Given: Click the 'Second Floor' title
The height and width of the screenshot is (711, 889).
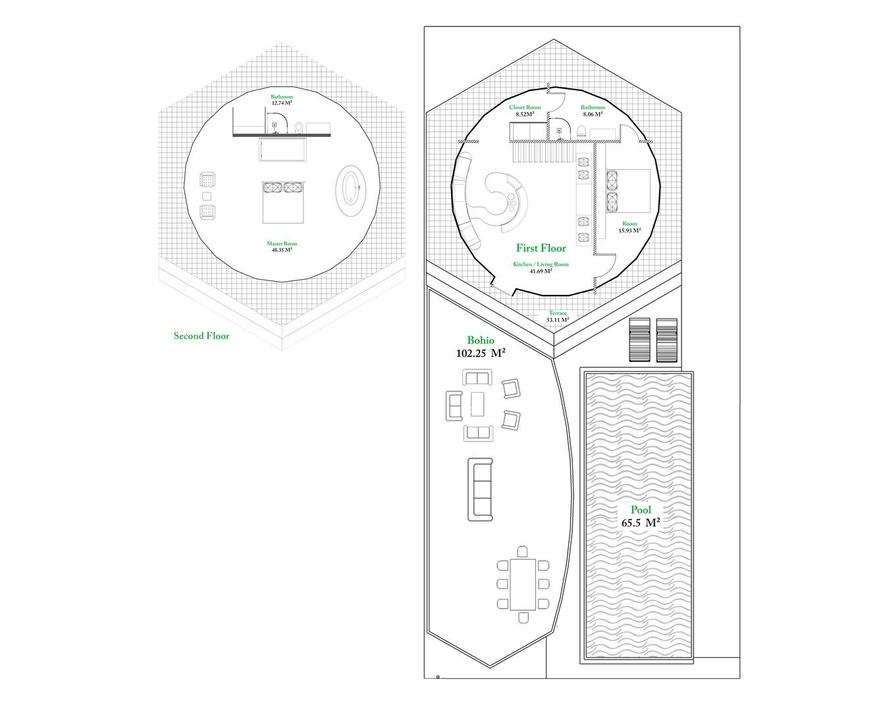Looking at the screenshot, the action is coord(202,336).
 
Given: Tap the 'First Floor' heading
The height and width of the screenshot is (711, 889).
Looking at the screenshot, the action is coord(541,248).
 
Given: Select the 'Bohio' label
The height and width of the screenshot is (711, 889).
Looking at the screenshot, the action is coord(481,340).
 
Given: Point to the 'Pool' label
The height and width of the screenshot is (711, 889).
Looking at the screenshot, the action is coord(641,510).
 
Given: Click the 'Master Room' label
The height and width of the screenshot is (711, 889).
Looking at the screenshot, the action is coord(282,244).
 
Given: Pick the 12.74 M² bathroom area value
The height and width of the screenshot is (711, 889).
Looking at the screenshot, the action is coord(282,103).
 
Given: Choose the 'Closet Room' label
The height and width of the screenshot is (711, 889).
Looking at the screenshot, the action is coord(525,107).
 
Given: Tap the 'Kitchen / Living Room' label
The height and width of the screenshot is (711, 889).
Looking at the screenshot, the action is coord(541,265).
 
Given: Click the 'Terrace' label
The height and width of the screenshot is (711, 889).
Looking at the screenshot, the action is coord(558,313).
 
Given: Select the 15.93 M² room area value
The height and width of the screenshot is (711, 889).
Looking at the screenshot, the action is coord(630,230).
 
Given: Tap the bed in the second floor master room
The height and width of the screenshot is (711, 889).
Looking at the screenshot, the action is coord(283,202).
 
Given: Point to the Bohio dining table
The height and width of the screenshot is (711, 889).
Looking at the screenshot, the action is coord(523,585).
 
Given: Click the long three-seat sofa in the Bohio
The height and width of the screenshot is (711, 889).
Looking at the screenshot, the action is coord(480,490).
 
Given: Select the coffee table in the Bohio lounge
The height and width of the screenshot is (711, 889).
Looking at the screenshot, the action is coord(477,404).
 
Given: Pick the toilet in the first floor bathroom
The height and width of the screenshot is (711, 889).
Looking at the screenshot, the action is coord(581,132).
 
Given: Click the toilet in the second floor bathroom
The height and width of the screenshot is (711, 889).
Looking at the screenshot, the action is coord(299,128).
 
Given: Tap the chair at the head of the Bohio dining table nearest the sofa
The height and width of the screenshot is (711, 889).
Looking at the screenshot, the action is coord(523,552).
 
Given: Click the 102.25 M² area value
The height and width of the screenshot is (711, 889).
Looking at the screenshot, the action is coord(481,354).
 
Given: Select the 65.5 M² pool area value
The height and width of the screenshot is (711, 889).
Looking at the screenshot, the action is coord(641,523).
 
